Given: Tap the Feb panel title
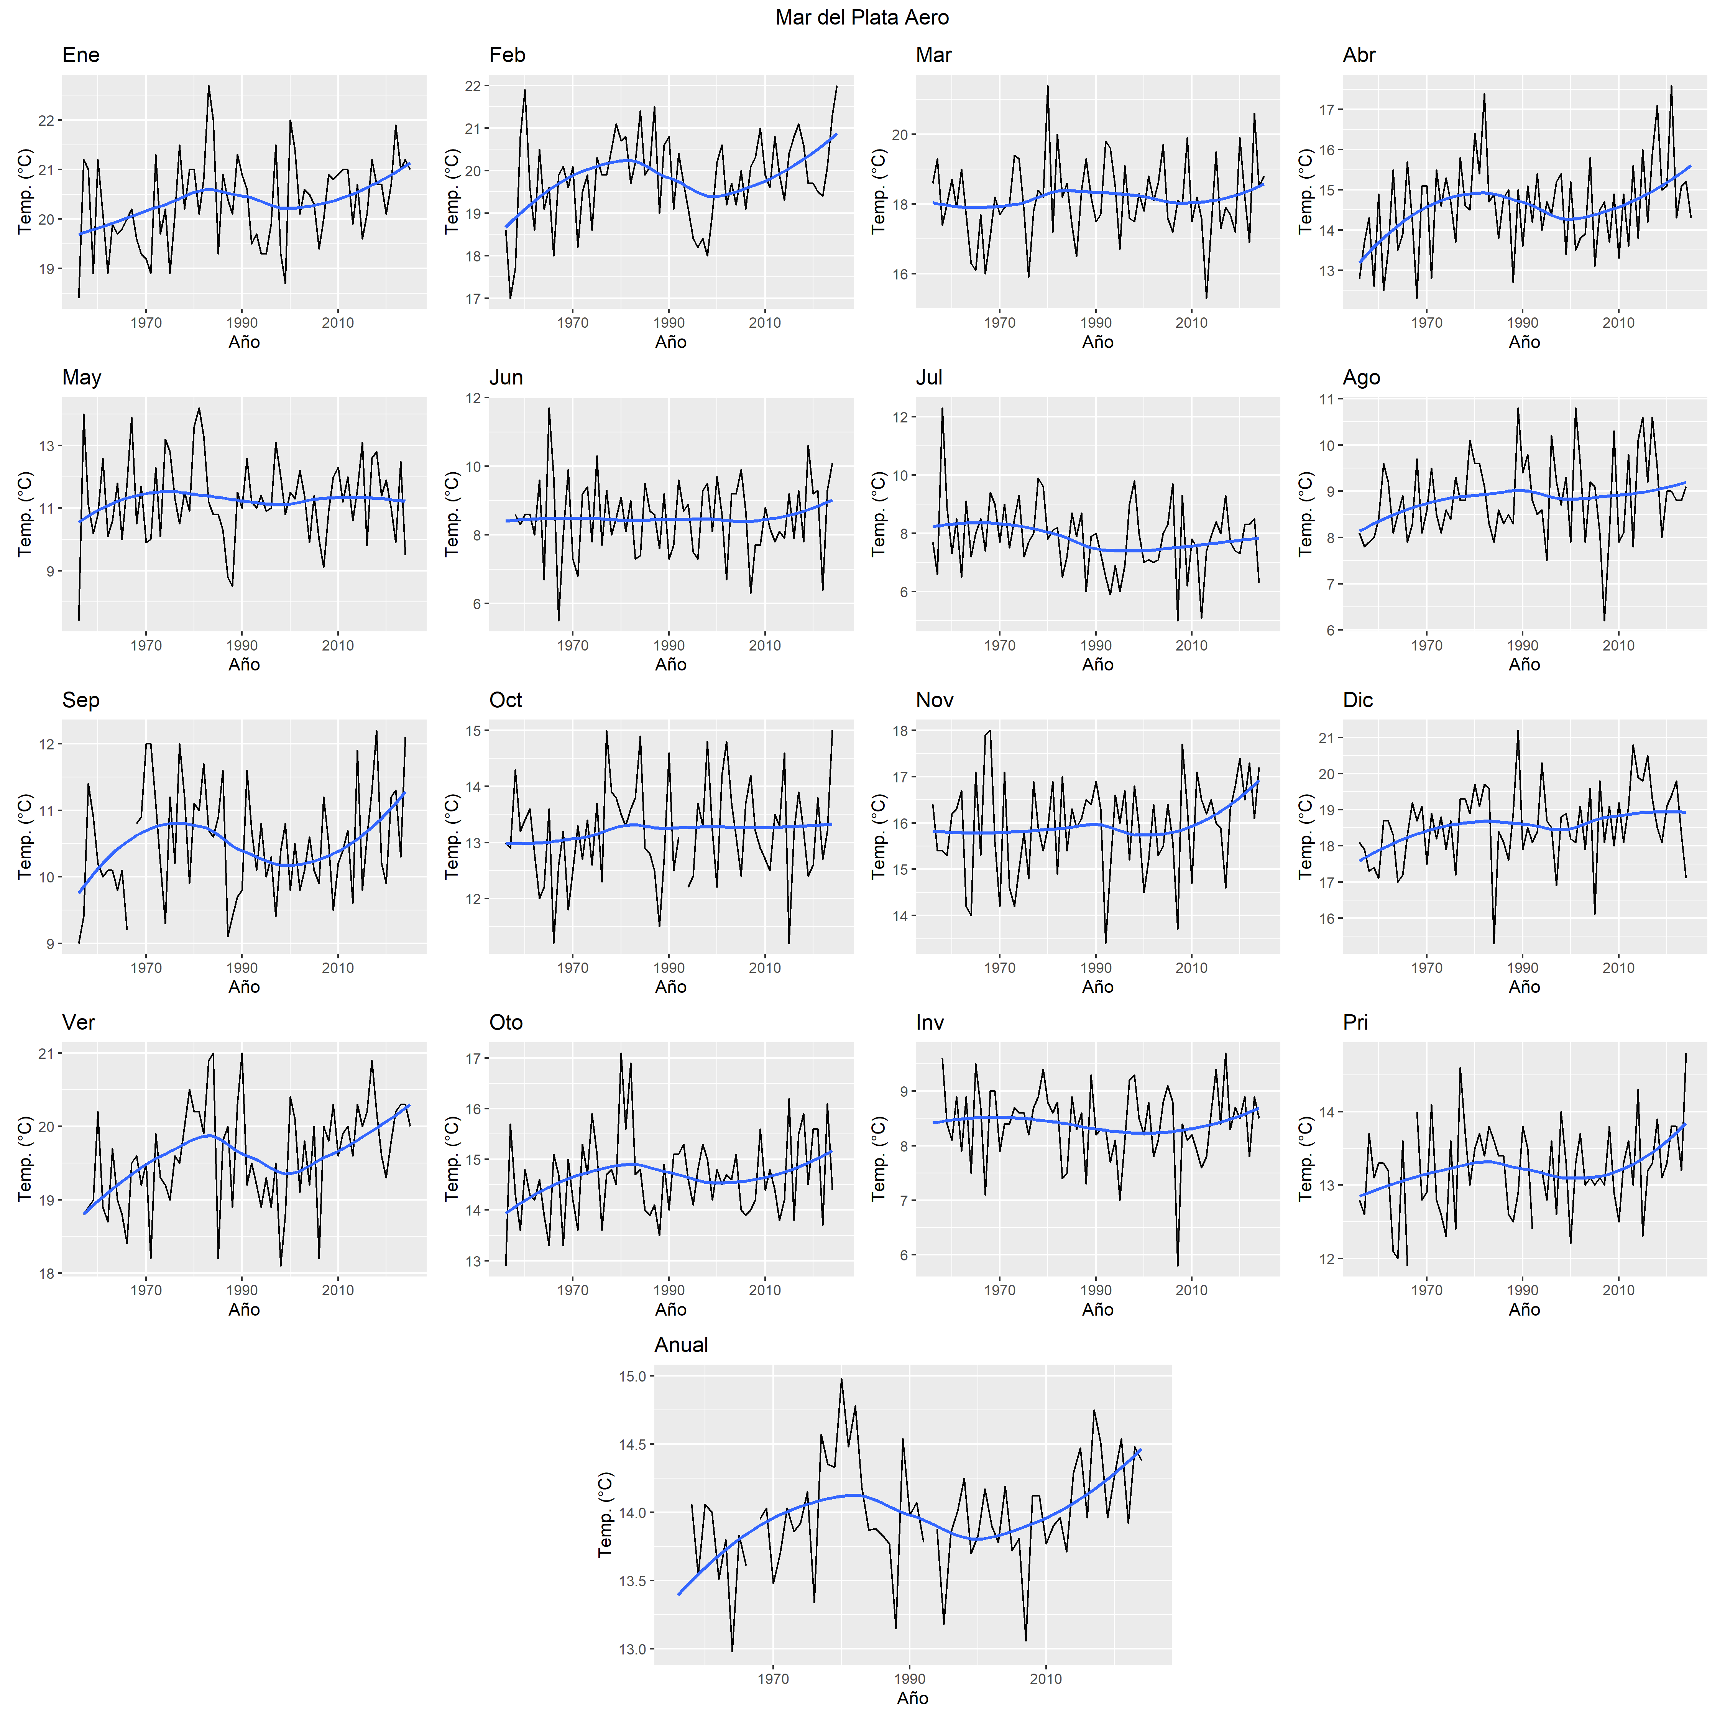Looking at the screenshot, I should pyautogui.click(x=507, y=55).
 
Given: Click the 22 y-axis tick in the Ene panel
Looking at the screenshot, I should pyautogui.click(x=46, y=120).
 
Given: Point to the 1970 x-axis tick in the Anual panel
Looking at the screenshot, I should pyautogui.click(x=773, y=1679).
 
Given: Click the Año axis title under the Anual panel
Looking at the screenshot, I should pyautogui.click(x=912, y=1698).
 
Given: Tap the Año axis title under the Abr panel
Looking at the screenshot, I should pyautogui.click(x=1524, y=342).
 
